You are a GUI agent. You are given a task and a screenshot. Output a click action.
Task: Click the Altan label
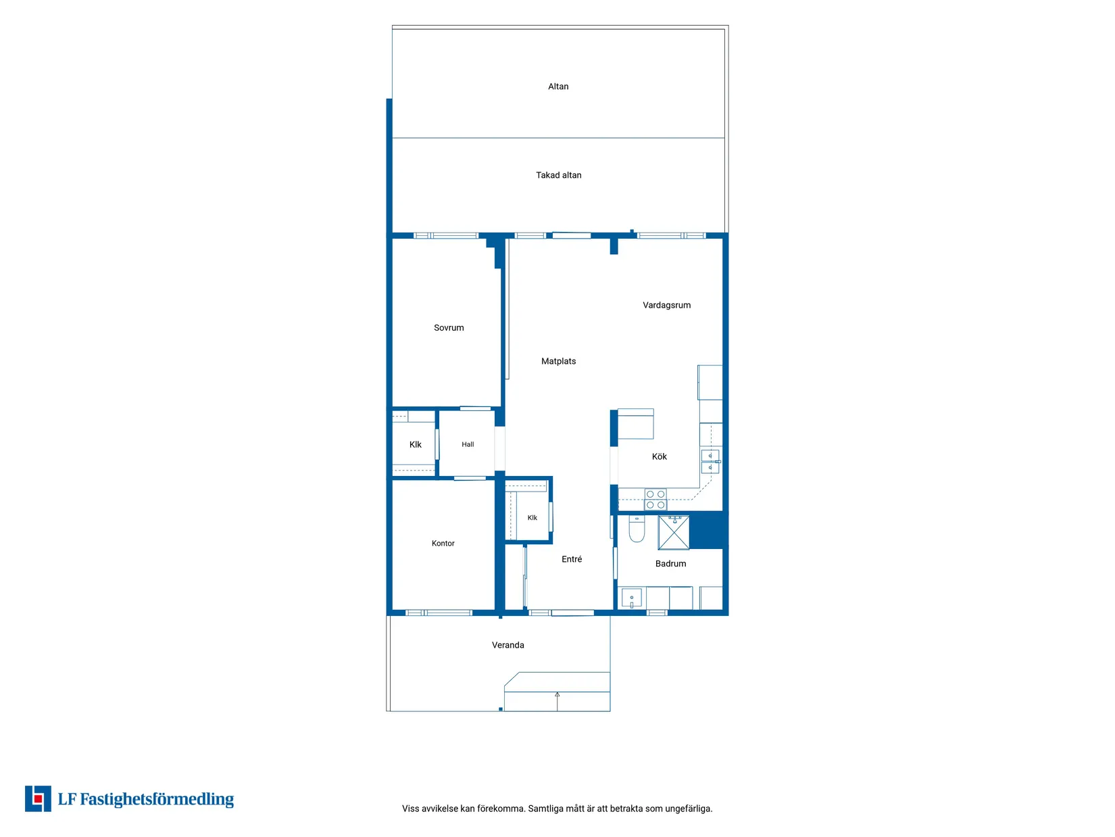coord(557,87)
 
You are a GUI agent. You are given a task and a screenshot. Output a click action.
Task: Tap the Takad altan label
coord(558,175)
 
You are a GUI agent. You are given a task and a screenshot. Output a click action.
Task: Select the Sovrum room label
coord(449,328)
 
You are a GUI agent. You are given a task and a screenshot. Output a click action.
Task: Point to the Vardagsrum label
coord(666,306)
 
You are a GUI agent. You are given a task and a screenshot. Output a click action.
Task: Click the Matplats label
coord(558,361)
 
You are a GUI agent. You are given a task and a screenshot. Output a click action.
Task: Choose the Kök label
coord(659,456)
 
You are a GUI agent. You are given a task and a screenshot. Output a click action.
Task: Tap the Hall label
coord(468,444)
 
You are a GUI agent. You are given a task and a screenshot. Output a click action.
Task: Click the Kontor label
coord(443,544)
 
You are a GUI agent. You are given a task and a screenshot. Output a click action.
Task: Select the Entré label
coord(572,559)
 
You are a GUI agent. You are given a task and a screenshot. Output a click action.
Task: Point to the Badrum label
coord(670,564)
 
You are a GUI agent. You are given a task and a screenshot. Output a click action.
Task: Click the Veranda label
coord(507,645)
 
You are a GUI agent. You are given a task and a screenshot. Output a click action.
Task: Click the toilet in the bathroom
coord(637,529)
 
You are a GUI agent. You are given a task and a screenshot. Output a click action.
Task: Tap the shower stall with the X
coord(674,533)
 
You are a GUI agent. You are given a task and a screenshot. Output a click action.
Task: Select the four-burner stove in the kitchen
coord(655,499)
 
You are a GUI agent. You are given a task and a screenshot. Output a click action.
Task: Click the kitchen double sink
coord(710,462)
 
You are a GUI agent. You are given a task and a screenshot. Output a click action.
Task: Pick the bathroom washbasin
coord(631,598)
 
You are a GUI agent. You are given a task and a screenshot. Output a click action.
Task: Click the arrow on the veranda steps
coord(557,701)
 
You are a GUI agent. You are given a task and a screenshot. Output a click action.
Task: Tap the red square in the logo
coord(38,799)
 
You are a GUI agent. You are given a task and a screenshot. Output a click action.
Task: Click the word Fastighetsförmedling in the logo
coord(157,799)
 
